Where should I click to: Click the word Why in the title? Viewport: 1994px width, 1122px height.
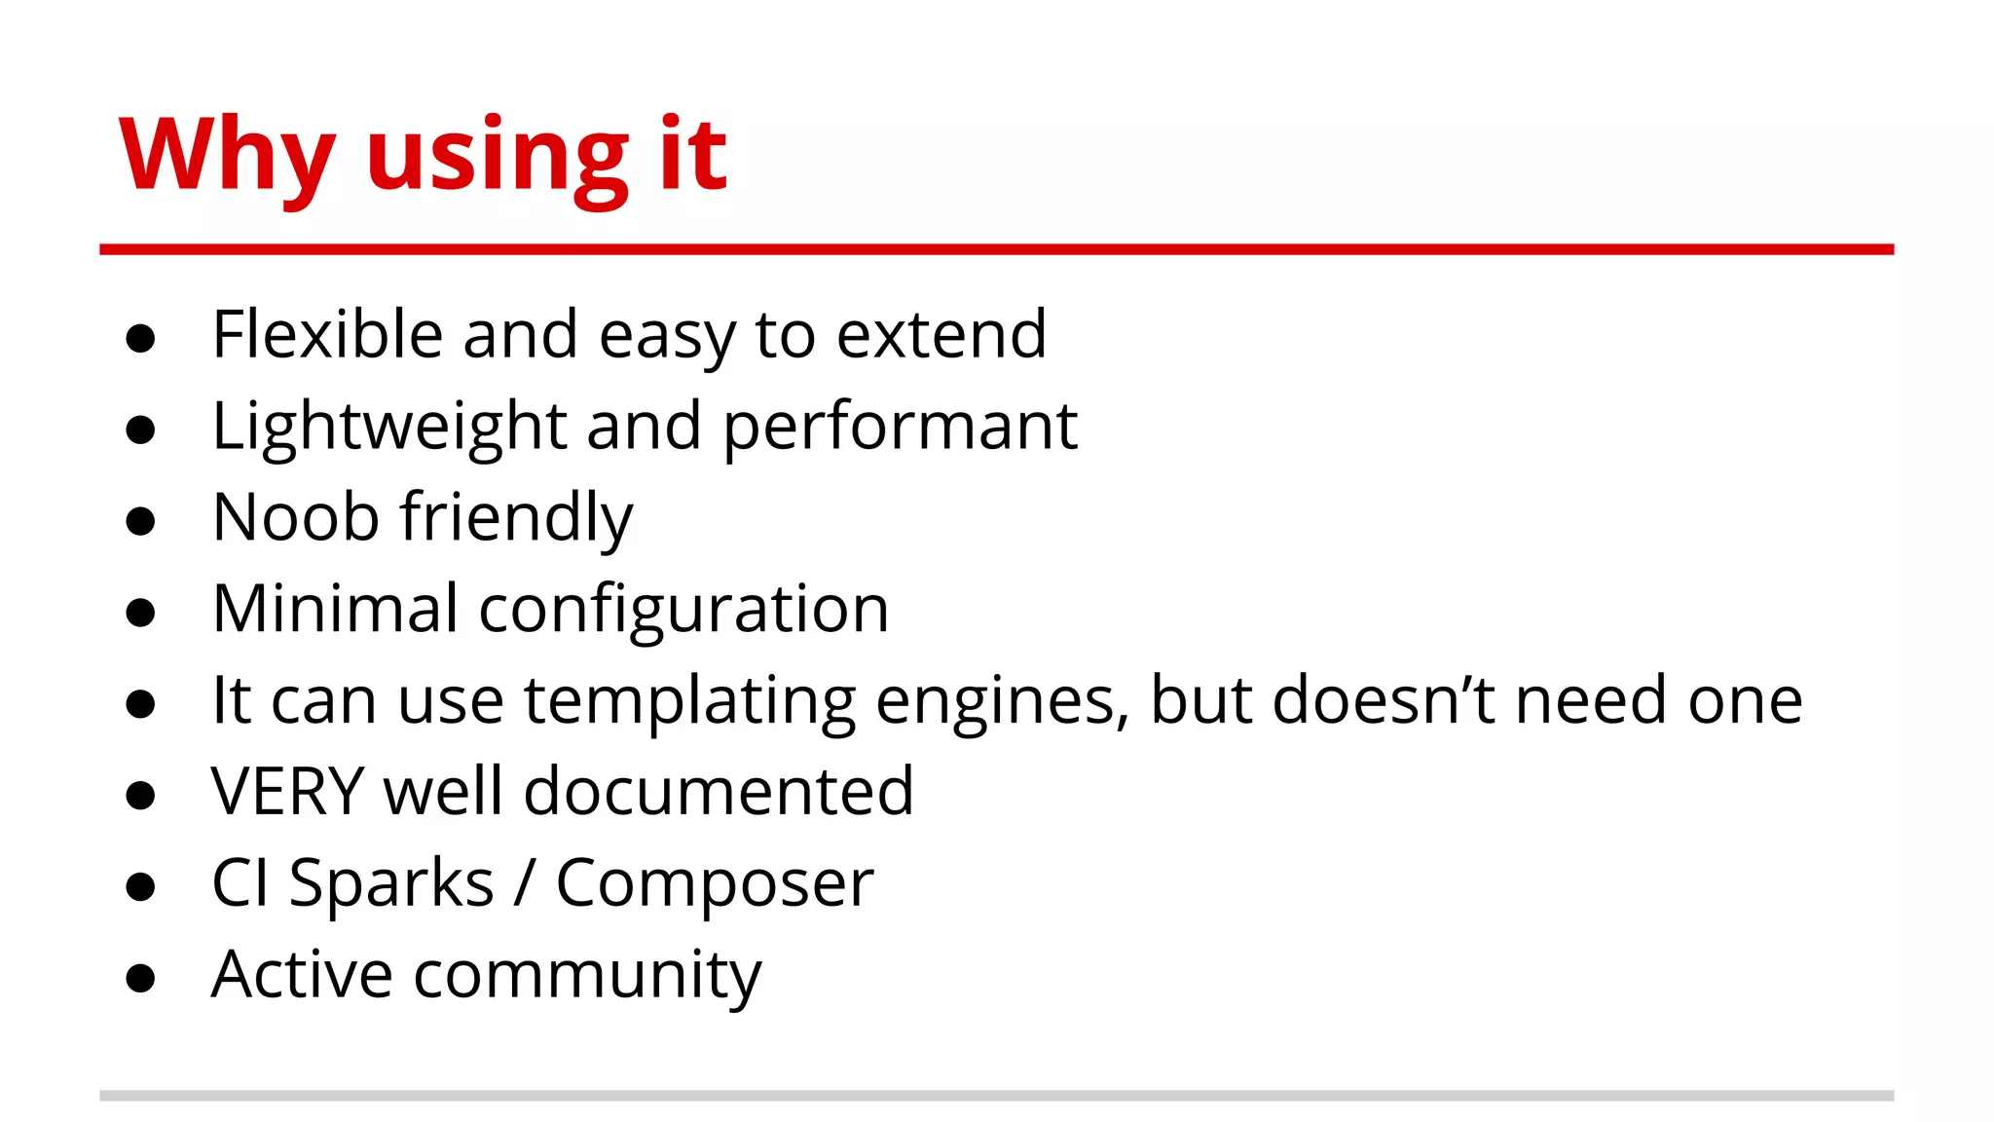226,156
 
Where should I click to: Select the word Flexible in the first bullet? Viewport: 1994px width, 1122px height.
327,334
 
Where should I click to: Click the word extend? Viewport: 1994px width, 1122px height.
942,334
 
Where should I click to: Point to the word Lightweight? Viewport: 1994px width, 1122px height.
389,427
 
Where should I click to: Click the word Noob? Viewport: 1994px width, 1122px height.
295,516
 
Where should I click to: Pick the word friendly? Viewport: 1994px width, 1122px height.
517,518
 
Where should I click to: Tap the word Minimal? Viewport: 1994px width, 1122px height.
335,608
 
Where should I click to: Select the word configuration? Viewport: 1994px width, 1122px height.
683,611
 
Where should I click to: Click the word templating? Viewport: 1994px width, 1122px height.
689,701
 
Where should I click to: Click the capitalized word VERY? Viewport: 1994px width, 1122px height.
287,791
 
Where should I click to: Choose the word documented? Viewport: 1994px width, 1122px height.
719,791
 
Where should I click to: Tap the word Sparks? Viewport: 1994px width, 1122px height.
391,883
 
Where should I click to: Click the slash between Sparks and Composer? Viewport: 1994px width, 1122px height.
525,883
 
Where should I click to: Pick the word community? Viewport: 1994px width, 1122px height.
587,975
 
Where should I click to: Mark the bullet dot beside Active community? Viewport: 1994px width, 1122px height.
141,978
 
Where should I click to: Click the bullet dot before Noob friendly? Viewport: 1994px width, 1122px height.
141,521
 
